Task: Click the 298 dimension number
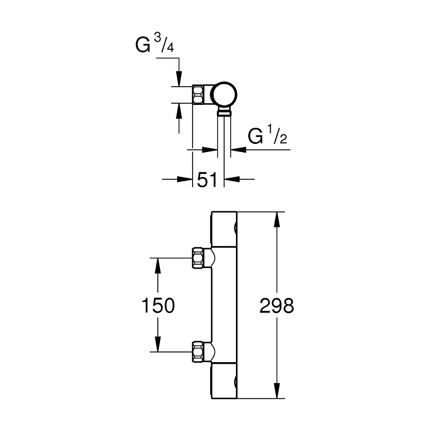[x=277, y=306]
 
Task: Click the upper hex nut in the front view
[x=199, y=258]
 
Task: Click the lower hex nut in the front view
[x=199, y=352]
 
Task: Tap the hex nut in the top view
[x=199, y=94]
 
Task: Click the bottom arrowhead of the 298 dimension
[x=277, y=393]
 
